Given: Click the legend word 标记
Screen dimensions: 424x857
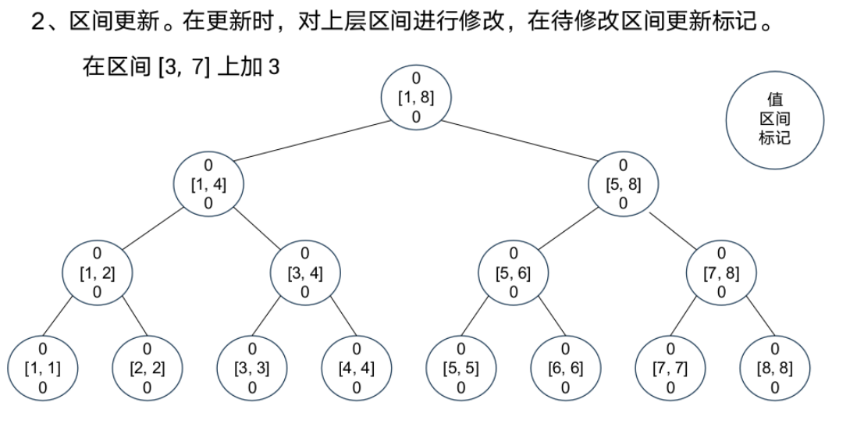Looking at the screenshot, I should coord(774,138).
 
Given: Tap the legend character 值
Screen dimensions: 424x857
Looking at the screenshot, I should coord(774,100).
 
